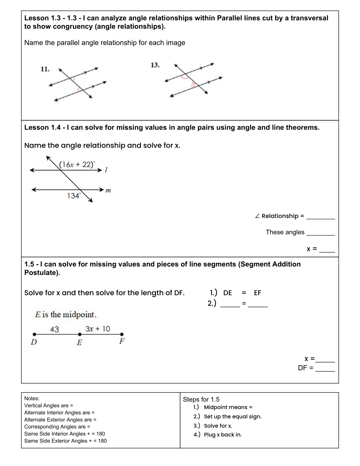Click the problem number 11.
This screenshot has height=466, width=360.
coord(45,69)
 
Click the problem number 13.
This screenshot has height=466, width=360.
coord(155,65)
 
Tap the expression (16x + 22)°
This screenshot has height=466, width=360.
coord(77,165)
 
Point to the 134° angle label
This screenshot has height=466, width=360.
coord(74,196)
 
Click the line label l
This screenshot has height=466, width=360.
coord(106,170)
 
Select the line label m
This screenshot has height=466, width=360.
coord(108,190)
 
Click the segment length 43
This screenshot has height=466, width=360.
coord(54,329)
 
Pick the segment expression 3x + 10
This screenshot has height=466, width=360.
coord(97,329)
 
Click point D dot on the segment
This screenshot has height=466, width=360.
coord(35,335)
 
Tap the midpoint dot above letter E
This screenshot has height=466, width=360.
coord(79,335)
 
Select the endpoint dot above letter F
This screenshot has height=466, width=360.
coord(122,335)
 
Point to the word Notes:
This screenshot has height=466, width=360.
coord(32,398)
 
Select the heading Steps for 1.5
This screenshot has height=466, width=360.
coord(201,399)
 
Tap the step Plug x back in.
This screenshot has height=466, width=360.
coord(223,435)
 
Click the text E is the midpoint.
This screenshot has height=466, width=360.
coord(66,315)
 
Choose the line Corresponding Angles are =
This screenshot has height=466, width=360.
coord(57,427)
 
